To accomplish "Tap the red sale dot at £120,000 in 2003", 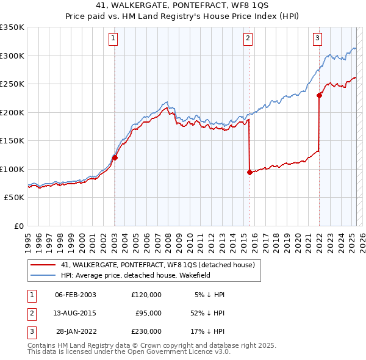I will coord(115,157).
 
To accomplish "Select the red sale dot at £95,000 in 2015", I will coord(249,172).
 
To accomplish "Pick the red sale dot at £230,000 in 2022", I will coord(319,95).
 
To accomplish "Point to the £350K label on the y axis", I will coord(12,27).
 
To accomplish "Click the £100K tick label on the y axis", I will coord(12,169).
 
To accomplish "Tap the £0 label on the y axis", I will coord(18,226).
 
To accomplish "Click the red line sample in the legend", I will coord(43,265).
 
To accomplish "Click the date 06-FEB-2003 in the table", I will coord(75,295).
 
